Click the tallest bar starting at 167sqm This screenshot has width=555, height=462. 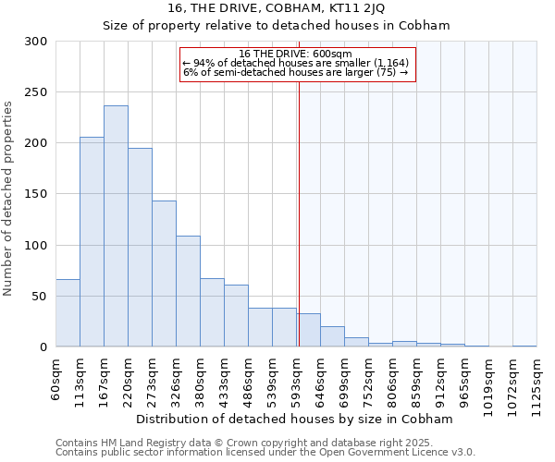(x=116, y=226)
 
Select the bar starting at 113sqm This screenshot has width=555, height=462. (x=92, y=242)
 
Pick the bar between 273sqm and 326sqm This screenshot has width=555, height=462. (x=164, y=274)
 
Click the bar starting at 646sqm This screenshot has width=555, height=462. (x=332, y=336)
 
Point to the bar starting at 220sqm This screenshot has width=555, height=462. (x=140, y=248)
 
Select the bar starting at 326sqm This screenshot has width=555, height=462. (x=188, y=291)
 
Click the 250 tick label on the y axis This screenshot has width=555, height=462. (x=35, y=92)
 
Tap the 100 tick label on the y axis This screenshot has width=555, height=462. (x=35, y=246)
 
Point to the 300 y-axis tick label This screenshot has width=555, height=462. (x=35, y=42)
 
